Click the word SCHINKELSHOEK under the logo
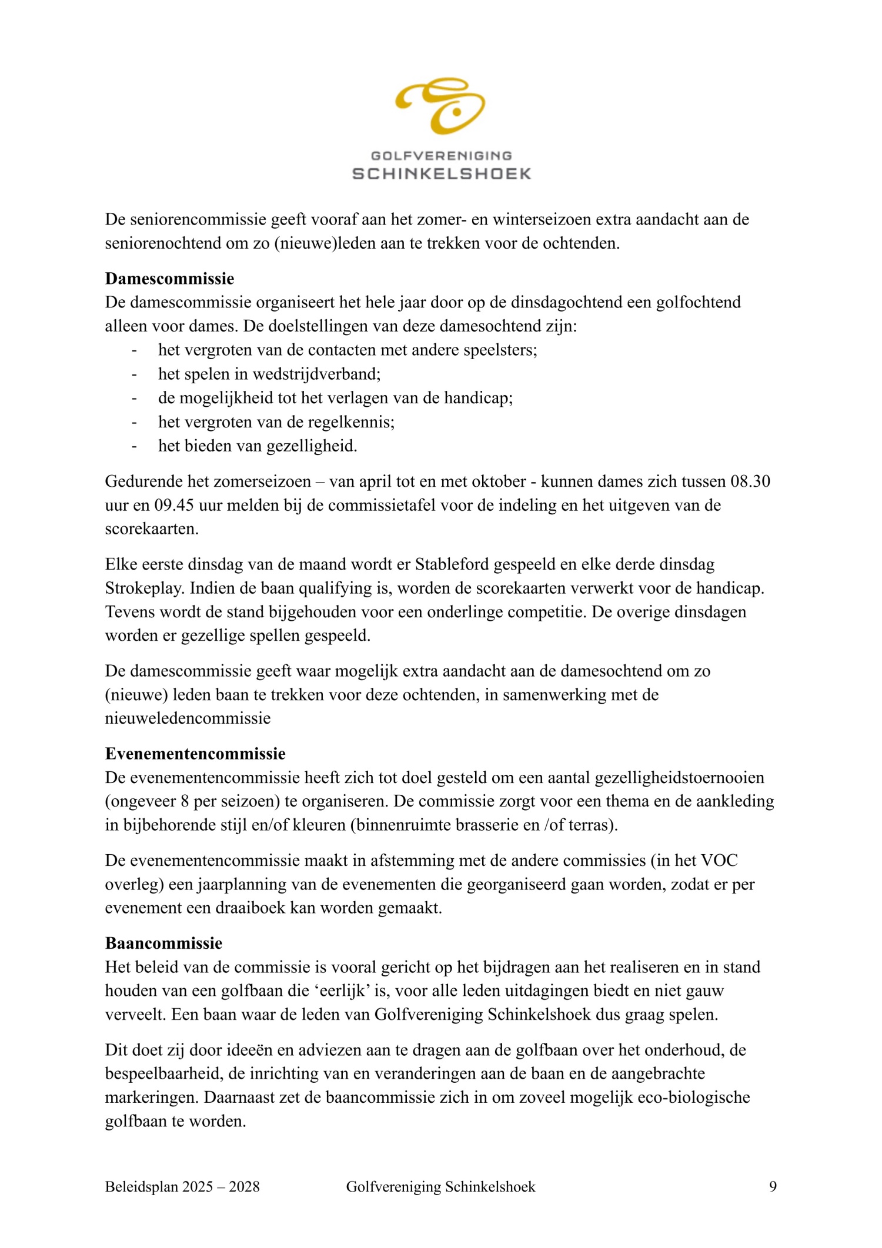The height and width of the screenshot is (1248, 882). tap(442, 173)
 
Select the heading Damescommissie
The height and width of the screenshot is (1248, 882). tap(169, 278)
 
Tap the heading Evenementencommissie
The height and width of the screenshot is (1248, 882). tap(195, 754)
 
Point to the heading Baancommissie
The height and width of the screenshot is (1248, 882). tap(163, 943)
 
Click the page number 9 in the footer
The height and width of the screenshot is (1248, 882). tap(773, 1186)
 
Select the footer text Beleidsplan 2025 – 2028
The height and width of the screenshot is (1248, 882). tap(182, 1186)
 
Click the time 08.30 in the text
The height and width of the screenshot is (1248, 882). tap(750, 481)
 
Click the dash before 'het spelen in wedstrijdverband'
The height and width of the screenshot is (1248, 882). tap(134, 374)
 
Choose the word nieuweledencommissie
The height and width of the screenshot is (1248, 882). tap(188, 718)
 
